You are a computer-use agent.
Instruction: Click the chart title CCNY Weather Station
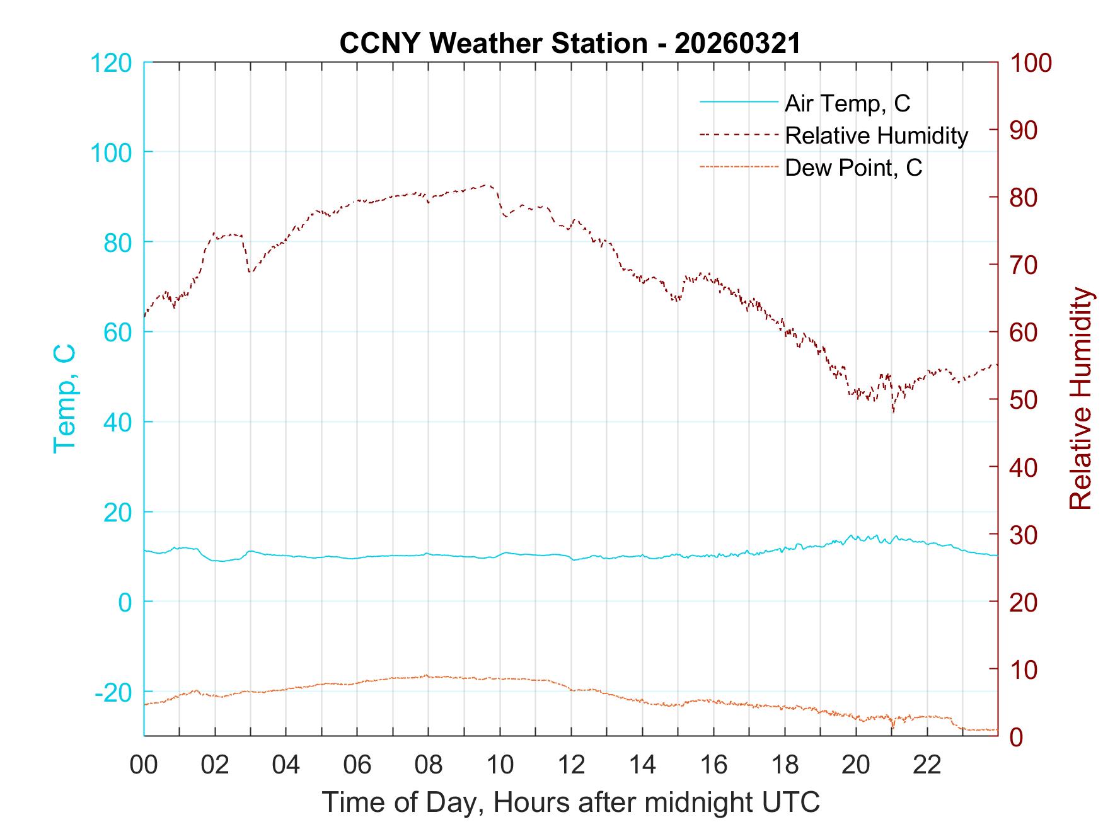[570, 43]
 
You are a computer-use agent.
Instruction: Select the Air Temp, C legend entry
[846, 103]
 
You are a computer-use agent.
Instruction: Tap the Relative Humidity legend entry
[876, 135]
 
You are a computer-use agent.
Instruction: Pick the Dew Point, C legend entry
[853, 168]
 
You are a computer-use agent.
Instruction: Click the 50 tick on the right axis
[1024, 399]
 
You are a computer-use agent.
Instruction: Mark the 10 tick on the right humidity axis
[1024, 669]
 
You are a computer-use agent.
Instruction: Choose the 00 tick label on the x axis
[144, 765]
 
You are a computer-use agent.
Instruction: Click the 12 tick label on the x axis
[571, 765]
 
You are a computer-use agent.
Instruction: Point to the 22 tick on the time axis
[927, 765]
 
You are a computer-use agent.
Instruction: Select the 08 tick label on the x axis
[429, 765]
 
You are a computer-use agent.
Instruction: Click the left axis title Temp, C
[65, 399]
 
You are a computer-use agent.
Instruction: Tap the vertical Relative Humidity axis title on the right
[1080, 399]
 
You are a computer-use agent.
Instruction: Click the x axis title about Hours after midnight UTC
[571, 802]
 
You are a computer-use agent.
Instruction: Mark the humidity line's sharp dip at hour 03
[250, 272]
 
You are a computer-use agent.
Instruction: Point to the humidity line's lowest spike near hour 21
[893, 411]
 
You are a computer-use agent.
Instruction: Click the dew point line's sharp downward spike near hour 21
[893, 727]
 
